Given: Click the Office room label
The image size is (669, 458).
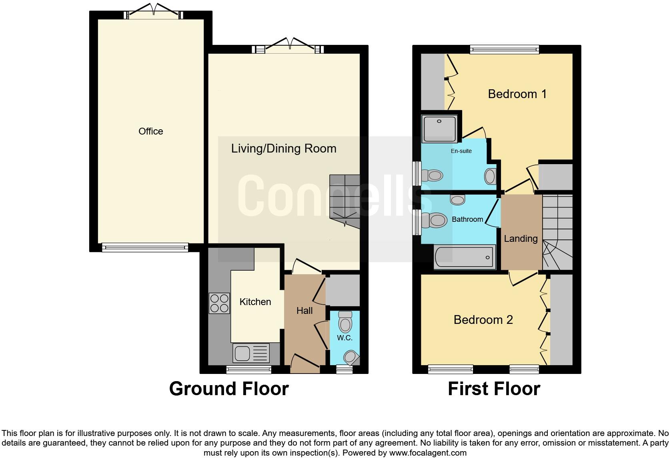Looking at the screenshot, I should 150,131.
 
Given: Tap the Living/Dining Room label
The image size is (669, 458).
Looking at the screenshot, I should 284,149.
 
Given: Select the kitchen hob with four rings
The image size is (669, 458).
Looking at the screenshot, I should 219,303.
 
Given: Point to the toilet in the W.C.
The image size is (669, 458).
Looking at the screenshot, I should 345,322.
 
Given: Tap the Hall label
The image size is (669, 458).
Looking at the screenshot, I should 304,311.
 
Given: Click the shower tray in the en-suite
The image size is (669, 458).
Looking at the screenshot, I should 439,128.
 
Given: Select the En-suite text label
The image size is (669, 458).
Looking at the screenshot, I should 461,151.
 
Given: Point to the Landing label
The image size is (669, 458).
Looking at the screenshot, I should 521,239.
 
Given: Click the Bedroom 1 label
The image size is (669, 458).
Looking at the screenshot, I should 517,94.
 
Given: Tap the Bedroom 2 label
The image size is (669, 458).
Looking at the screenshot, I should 483,320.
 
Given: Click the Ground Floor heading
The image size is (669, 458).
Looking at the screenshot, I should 228,389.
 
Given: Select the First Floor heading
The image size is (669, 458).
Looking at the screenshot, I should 494,389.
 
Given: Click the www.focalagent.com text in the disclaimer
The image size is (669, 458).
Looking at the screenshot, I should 428,453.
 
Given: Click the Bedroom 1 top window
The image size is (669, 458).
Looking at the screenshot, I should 504,50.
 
